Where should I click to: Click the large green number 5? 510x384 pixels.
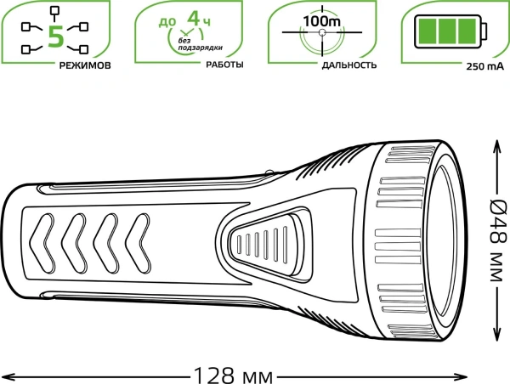[54, 36]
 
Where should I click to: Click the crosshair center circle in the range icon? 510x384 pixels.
[322, 33]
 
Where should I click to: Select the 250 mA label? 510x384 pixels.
[481, 66]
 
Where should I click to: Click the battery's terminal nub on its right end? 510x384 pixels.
[486, 31]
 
